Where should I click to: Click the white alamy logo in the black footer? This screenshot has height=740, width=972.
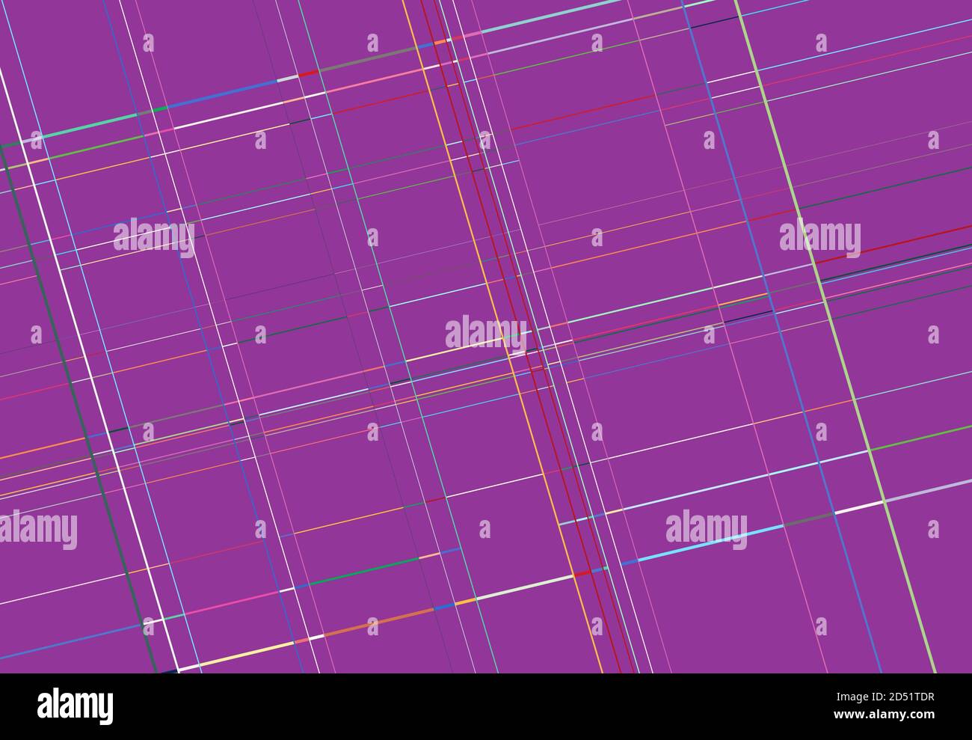(75, 706)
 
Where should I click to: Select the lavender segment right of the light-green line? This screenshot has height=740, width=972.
(927, 491)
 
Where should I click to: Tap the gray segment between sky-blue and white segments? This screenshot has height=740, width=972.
(808, 519)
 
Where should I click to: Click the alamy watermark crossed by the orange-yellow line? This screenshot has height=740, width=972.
(485, 333)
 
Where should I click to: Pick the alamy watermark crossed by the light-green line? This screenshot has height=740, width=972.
(819, 239)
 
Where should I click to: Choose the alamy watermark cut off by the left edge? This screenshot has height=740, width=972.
(37, 530)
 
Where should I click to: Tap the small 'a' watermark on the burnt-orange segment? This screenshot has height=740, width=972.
(372, 626)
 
